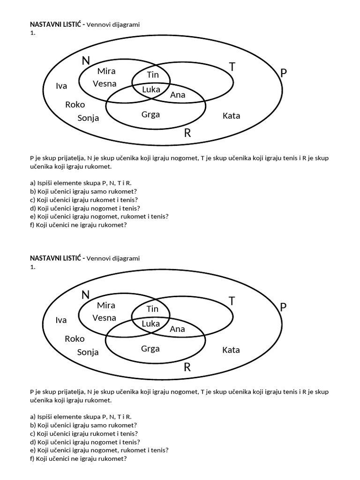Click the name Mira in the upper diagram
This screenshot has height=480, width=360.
click(x=106, y=71)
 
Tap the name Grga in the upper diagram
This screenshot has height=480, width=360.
click(x=150, y=114)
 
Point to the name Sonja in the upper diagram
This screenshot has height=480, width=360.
click(x=88, y=118)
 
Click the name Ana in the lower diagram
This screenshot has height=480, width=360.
click(x=178, y=329)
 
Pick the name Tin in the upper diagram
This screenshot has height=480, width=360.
click(x=153, y=75)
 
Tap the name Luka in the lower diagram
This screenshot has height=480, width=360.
click(x=150, y=323)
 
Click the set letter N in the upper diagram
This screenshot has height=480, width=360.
click(x=85, y=60)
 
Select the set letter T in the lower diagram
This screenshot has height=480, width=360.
click(x=232, y=301)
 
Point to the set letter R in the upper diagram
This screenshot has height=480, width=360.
click(x=187, y=133)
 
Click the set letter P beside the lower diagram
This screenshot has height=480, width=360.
click(x=283, y=307)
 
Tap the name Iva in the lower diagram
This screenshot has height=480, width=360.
click(x=61, y=320)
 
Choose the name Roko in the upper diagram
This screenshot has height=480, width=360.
click(x=75, y=105)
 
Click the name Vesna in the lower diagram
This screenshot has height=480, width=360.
click(x=105, y=318)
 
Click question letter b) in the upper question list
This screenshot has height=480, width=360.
click(x=33, y=191)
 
